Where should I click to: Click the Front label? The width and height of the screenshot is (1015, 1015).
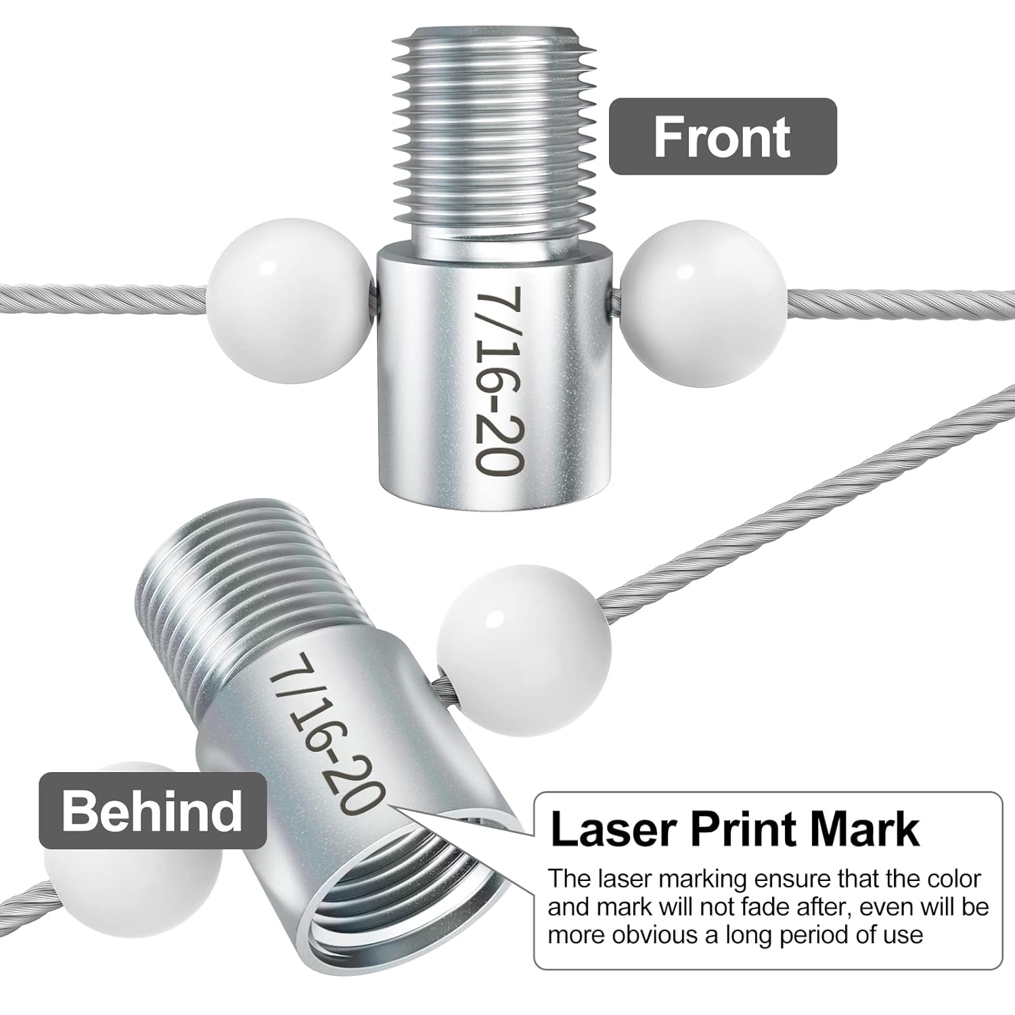tap(722, 137)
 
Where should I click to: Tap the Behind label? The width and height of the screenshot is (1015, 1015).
tap(152, 810)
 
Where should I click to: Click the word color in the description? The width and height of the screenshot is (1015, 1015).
tap(949, 878)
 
